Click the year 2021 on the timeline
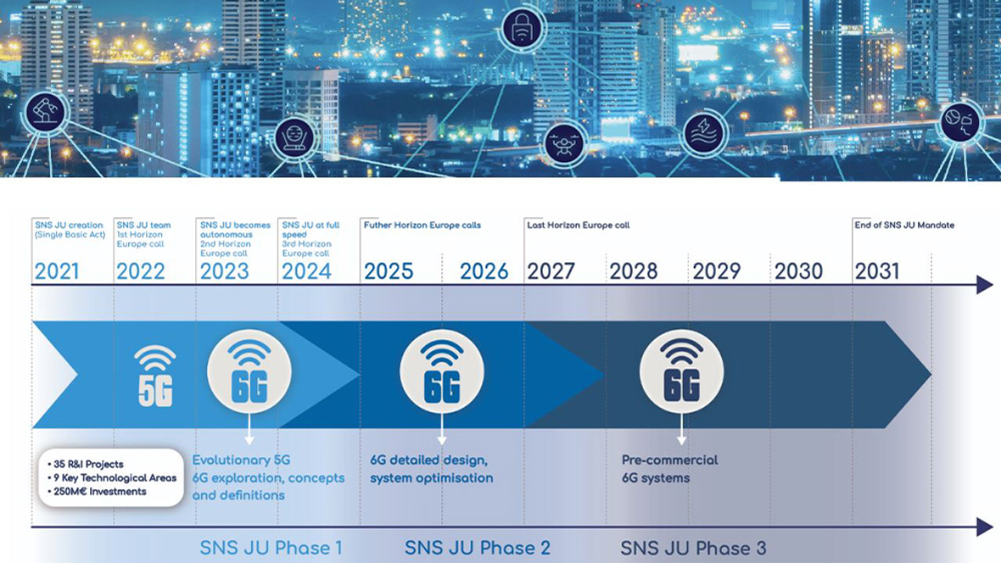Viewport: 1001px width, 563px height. (x=57, y=271)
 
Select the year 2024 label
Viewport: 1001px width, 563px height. (x=306, y=271)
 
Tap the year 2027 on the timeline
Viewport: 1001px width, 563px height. (x=551, y=271)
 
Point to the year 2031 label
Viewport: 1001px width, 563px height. (x=877, y=271)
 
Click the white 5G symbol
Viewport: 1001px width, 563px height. (x=155, y=376)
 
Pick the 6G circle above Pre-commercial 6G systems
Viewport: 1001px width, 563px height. (x=681, y=371)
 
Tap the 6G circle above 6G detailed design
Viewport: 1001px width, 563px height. (x=442, y=371)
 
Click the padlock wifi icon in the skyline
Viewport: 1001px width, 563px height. (x=522, y=28)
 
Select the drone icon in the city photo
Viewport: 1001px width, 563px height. (x=564, y=143)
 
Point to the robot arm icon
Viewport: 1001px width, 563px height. (x=45, y=112)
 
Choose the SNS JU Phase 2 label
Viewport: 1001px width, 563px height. (x=478, y=548)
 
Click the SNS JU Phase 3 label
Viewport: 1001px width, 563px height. (x=693, y=548)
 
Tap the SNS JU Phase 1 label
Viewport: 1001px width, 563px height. (x=271, y=548)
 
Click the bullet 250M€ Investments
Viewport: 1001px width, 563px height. (x=97, y=492)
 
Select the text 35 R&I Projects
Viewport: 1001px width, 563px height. (x=86, y=464)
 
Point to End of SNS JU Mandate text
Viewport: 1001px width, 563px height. (x=904, y=225)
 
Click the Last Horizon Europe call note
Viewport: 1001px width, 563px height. (x=579, y=225)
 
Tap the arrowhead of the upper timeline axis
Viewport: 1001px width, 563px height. (x=985, y=285)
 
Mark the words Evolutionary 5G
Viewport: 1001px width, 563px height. (x=241, y=460)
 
